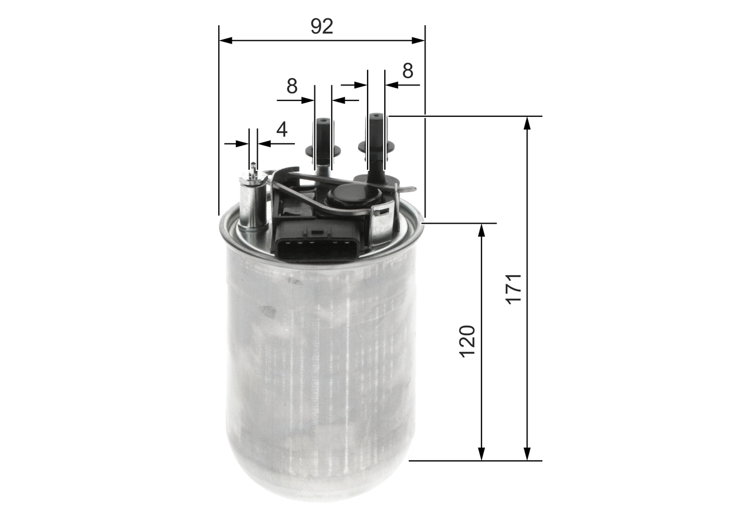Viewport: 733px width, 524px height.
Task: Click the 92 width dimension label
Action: tap(322, 26)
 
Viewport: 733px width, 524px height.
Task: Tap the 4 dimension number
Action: tap(282, 130)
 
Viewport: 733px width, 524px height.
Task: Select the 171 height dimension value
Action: tap(514, 288)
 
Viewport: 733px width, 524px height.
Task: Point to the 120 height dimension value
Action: tap(468, 341)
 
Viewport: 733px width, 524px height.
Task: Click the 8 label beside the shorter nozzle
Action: tap(292, 87)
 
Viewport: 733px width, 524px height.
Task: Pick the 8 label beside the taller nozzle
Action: tap(407, 71)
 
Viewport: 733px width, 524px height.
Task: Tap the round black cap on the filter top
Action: tap(350, 196)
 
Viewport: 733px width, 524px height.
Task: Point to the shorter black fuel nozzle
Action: tap(323, 143)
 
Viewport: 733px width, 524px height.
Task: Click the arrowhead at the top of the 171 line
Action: tap(527, 122)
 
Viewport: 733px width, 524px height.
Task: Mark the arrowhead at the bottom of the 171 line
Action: tap(527, 455)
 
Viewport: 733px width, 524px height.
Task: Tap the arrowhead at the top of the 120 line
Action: tap(482, 229)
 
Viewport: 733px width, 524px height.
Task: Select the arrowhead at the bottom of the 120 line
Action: tap(482, 455)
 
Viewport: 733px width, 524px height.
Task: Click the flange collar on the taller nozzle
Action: tap(376, 147)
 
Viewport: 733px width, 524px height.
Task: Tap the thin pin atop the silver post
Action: tap(253, 168)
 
